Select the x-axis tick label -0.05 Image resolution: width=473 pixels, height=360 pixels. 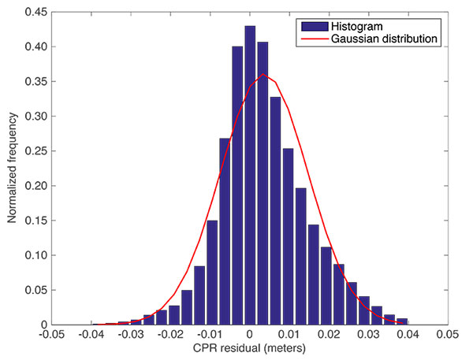pyautogui.click(x=51, y=335)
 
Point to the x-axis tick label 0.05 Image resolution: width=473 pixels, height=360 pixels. pyautogui.click(x=446, y=335)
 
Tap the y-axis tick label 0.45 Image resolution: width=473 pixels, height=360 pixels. pyautogui.click(x=35, y=12)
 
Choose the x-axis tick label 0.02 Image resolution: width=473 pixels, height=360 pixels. pyautogui.click(x=328, y=335)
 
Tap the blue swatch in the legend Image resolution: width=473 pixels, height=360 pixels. pyautogui.click(x=311, y=25)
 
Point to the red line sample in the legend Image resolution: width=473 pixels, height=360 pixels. pyautogui.click(x=311, y=39)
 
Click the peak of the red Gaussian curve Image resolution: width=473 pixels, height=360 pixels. pyautogui.click(x=263, y=75)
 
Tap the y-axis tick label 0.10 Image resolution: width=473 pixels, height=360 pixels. pyautogui.click(x=35, y=255)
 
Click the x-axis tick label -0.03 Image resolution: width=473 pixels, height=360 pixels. pyautogui.click(x=130, y=335)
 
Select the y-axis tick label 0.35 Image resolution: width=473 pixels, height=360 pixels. pyautogui.click(x=35, y=81)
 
